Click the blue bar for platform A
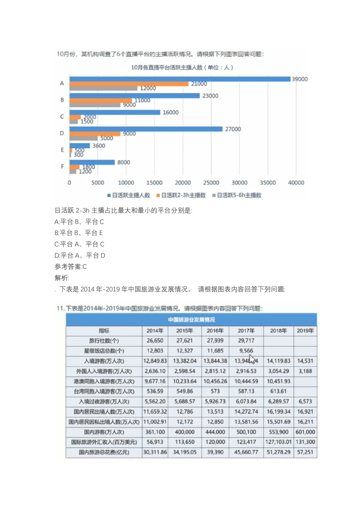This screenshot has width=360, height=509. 180,79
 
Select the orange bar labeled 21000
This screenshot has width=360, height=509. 129,84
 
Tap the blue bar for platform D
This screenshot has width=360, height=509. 146,129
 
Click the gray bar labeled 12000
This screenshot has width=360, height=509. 103,89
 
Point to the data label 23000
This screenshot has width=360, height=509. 210,96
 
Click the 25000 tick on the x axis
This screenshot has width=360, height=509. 211,183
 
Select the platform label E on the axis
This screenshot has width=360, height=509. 62,150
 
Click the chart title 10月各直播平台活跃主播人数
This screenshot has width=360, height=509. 182,67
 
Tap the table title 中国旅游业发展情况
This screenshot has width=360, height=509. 191,320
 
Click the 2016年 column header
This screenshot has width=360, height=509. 215,330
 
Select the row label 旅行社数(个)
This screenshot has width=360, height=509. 104,341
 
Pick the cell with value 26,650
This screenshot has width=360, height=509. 155,341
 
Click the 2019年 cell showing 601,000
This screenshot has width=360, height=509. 305,432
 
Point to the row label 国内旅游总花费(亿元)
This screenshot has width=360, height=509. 104,452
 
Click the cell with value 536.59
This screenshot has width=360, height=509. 155,391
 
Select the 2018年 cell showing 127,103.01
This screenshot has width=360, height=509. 278,442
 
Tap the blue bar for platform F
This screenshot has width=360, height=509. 92,162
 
